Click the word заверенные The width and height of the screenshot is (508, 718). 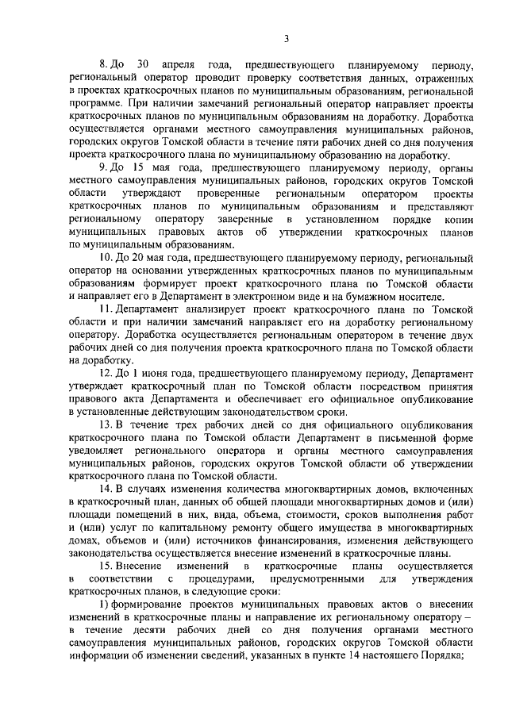[x=247, y=218]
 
